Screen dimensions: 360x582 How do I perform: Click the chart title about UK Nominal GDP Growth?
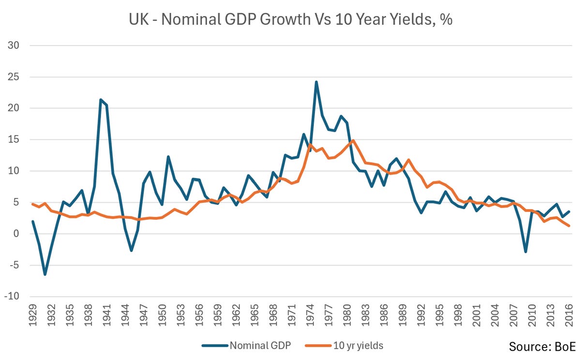290,21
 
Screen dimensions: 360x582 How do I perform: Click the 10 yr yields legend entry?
358,345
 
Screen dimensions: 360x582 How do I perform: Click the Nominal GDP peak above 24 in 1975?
316,82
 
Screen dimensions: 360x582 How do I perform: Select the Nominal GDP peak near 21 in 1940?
100,100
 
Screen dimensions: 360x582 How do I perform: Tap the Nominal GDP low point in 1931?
45,274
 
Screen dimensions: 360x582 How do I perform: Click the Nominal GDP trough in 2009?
525,252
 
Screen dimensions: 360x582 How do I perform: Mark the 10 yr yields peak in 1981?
353,141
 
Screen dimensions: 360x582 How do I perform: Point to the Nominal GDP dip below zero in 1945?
131,250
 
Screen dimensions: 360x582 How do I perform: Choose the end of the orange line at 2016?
569,226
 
